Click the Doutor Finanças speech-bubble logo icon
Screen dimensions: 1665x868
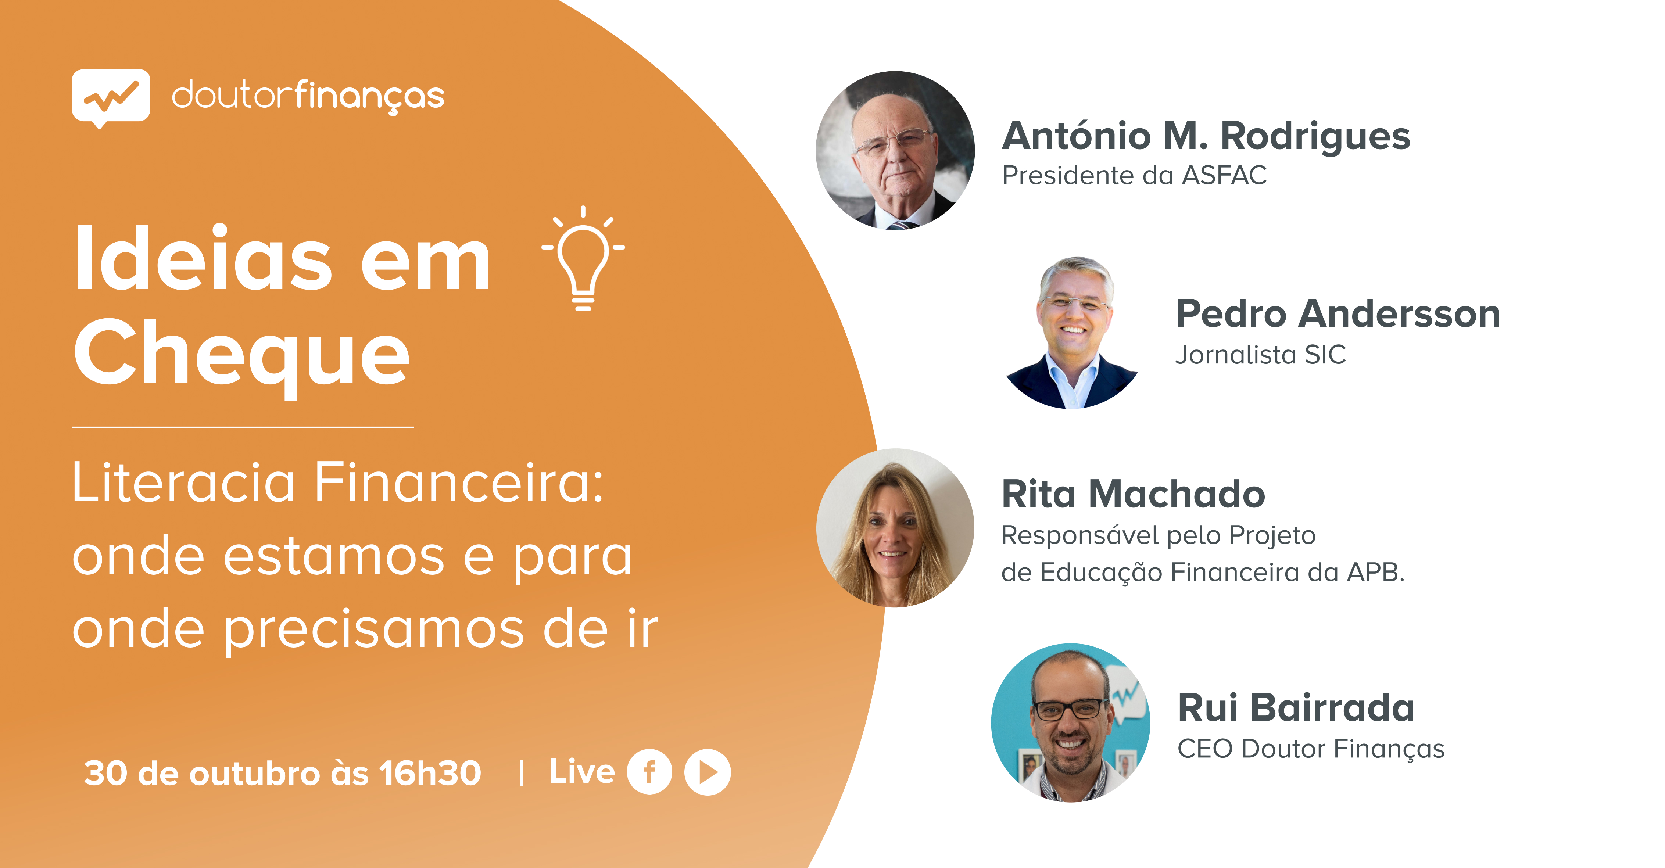pos(111,98)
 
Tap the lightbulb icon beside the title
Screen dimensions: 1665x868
pos(583,258)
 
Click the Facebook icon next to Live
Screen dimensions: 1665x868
pos(649,772)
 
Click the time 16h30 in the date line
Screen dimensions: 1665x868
pos(430,772)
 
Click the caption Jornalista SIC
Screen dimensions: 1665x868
pos(1260,355)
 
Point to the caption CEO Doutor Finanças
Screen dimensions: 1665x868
pos(1311,749)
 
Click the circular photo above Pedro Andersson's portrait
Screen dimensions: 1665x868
pos(895,151)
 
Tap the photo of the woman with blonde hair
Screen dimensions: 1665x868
pos(895,528)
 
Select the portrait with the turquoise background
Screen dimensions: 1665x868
pos(1070,722)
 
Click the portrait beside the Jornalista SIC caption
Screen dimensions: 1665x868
pos(1072,332)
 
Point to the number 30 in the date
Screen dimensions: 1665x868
pos(105,773)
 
